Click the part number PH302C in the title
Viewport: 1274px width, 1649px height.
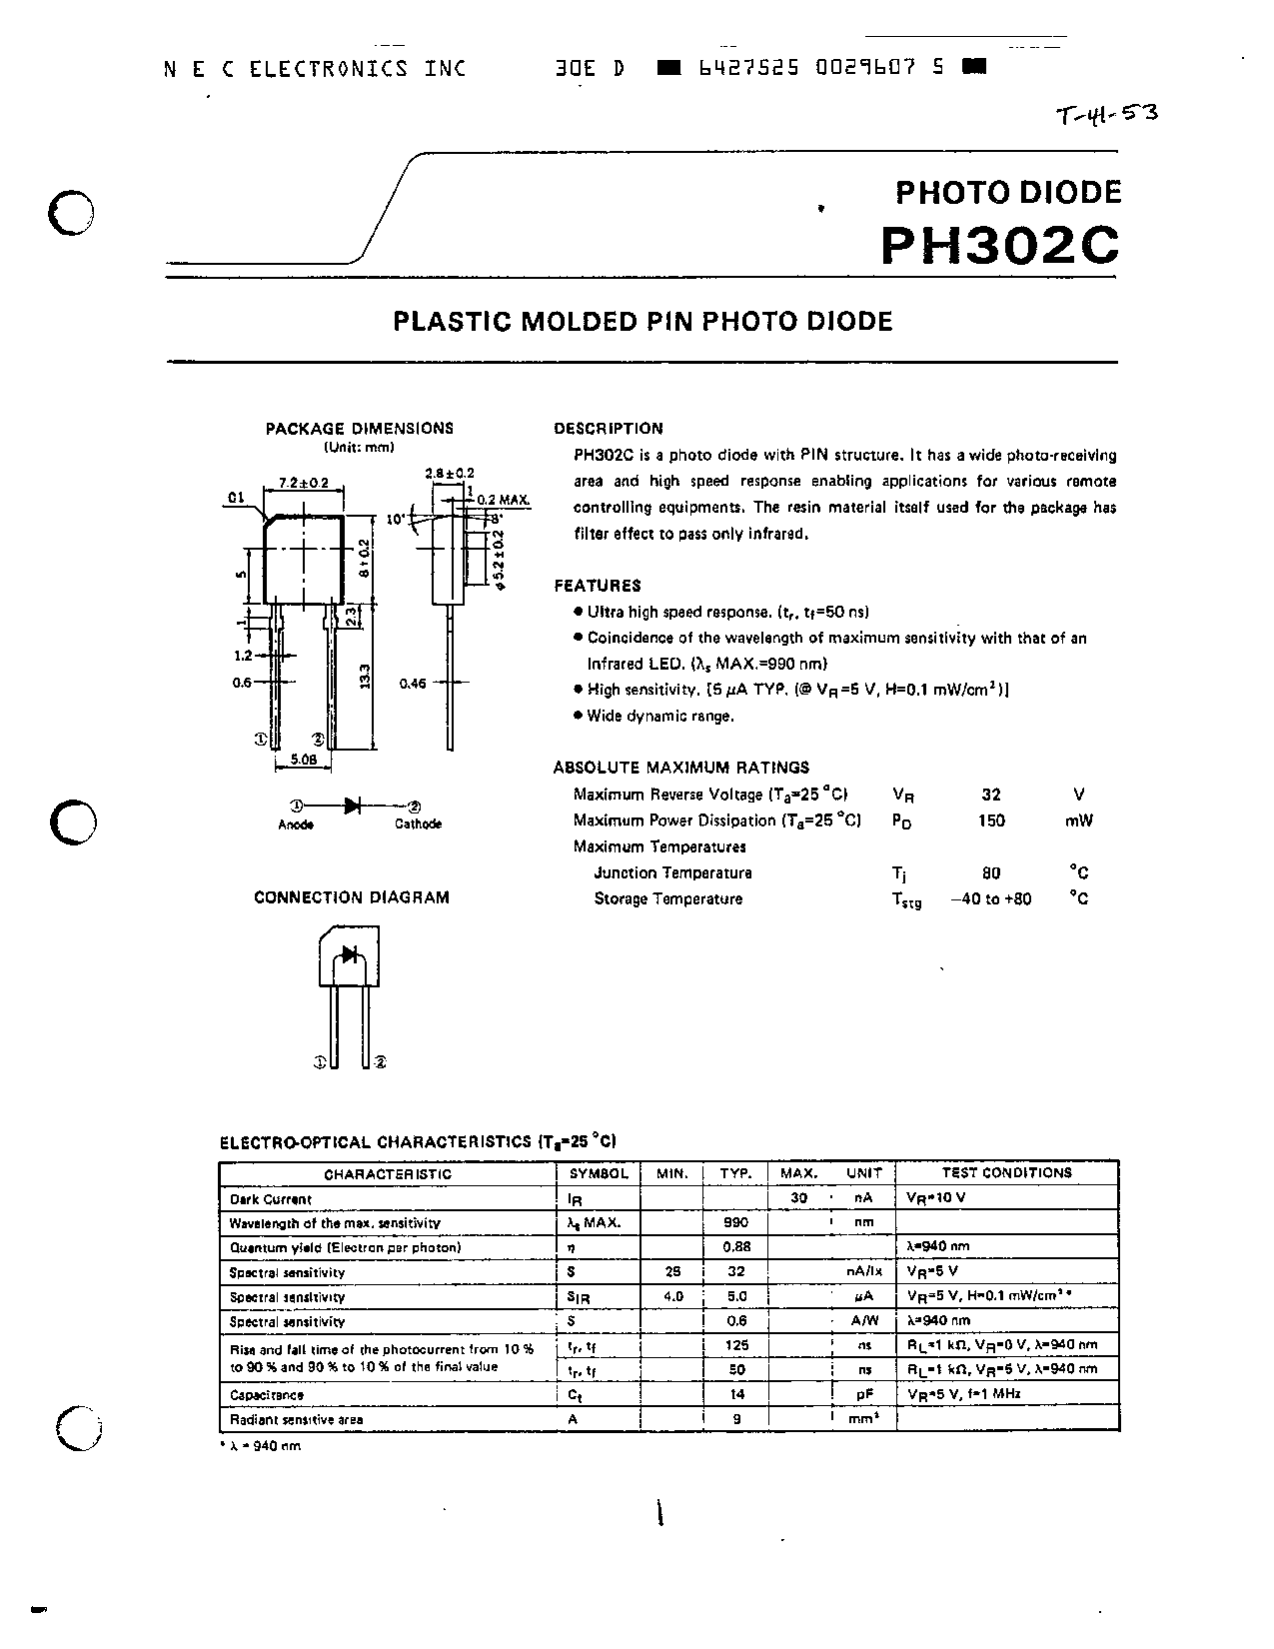click(x=999, y=244)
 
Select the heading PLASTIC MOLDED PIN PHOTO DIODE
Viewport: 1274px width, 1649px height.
click(x=642, y=321)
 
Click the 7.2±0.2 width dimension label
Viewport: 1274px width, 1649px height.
click(x=304, y=483)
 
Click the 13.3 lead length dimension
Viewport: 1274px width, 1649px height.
click(x=365, y=676)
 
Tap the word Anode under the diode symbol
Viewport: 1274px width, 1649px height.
click(x=295, y=824)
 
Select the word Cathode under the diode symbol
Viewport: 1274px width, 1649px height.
click(x=418, y=824)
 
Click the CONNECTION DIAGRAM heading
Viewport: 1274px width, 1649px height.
click(x=352, y=897)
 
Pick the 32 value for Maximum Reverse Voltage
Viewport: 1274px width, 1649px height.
click(x=990, y=795)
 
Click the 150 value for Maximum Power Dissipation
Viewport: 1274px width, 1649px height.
click(x=992, y=821)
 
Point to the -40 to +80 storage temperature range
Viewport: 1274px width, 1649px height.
click(x=991, y=898)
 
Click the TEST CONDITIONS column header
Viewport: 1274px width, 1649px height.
click(x=1006, y=1173)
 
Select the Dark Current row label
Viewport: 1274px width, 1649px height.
click(x=271, y=1199)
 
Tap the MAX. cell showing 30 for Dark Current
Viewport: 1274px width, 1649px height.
click(x=798, y=1198)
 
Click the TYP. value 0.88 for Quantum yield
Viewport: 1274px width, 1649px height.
click(x=735, y=1247)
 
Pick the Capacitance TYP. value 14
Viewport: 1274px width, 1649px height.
click(x=736, y=1394)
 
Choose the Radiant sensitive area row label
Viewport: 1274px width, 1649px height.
click(x=297, y=1419)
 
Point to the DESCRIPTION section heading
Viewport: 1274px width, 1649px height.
click(x=608, y=429)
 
